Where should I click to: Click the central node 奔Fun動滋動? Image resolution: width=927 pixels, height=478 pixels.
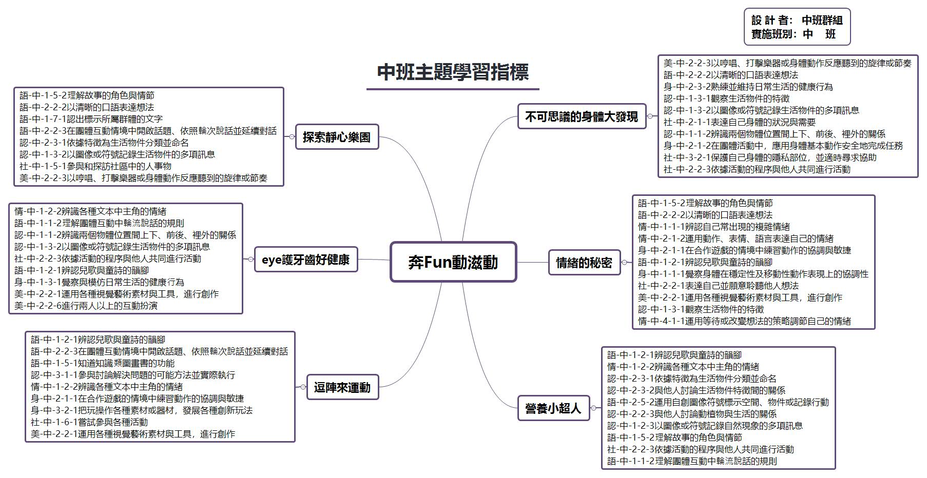(453, 262)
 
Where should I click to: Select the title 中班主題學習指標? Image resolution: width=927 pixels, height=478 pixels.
(453, 72)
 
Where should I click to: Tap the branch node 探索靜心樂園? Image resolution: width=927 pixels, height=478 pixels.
(337, 137)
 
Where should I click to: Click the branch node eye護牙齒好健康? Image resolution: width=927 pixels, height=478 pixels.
(305, 260)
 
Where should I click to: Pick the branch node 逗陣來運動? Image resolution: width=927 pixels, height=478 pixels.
(342, 387)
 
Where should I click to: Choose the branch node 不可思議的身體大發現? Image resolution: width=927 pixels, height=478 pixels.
(581, 116)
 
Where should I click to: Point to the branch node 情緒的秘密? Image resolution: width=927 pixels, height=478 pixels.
(584, 263)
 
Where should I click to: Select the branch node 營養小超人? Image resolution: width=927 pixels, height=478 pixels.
(553, 408)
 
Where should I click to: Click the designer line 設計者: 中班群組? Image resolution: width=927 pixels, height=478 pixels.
(797, 20)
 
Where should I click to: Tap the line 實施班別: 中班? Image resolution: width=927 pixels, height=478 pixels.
(794, 34)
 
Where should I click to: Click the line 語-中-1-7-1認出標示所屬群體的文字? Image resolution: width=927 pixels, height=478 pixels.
(91, 119)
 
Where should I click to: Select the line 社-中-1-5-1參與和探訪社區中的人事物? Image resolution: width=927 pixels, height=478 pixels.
(95, 166)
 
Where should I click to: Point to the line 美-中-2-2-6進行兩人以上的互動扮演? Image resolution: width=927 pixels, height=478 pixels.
(86, 306)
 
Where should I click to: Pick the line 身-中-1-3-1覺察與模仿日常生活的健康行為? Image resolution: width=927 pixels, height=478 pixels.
(100, 282)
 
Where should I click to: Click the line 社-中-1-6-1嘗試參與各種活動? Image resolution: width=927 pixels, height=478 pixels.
(89, 422)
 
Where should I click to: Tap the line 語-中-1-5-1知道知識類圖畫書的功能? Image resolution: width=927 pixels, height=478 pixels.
(103, 363)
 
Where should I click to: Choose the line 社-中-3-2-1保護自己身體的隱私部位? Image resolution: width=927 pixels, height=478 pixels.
(770, 157)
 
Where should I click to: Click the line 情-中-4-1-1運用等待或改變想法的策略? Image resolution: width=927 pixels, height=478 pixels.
(744, 321)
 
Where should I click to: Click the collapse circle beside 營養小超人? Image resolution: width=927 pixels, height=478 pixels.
(594, 408)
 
